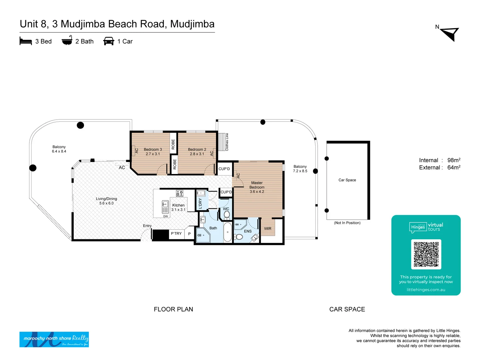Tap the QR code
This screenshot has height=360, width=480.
tap(426, 254)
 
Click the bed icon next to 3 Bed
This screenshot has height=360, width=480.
tap(26, 41)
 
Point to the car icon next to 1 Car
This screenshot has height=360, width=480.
tap(109, 41)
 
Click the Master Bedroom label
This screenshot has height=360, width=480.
tap(257, 187)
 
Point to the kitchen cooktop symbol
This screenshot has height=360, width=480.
tap(180, 193)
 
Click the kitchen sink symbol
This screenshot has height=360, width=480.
tap(165, 207)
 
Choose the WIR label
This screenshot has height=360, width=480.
tap(268, 229)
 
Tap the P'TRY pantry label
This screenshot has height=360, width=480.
tap(176, 234)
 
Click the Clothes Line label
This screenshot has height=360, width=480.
tap(227, 142)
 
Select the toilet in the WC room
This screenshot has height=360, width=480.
tap(227, 215)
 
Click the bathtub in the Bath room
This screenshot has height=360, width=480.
tap(228, 232)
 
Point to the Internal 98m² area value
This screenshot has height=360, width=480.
tap(454, 160)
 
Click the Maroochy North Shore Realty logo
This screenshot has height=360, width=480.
tap(54, 339)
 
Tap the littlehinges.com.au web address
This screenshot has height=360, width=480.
tap(426, 290)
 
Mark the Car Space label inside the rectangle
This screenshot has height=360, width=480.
tap(347, 180)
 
